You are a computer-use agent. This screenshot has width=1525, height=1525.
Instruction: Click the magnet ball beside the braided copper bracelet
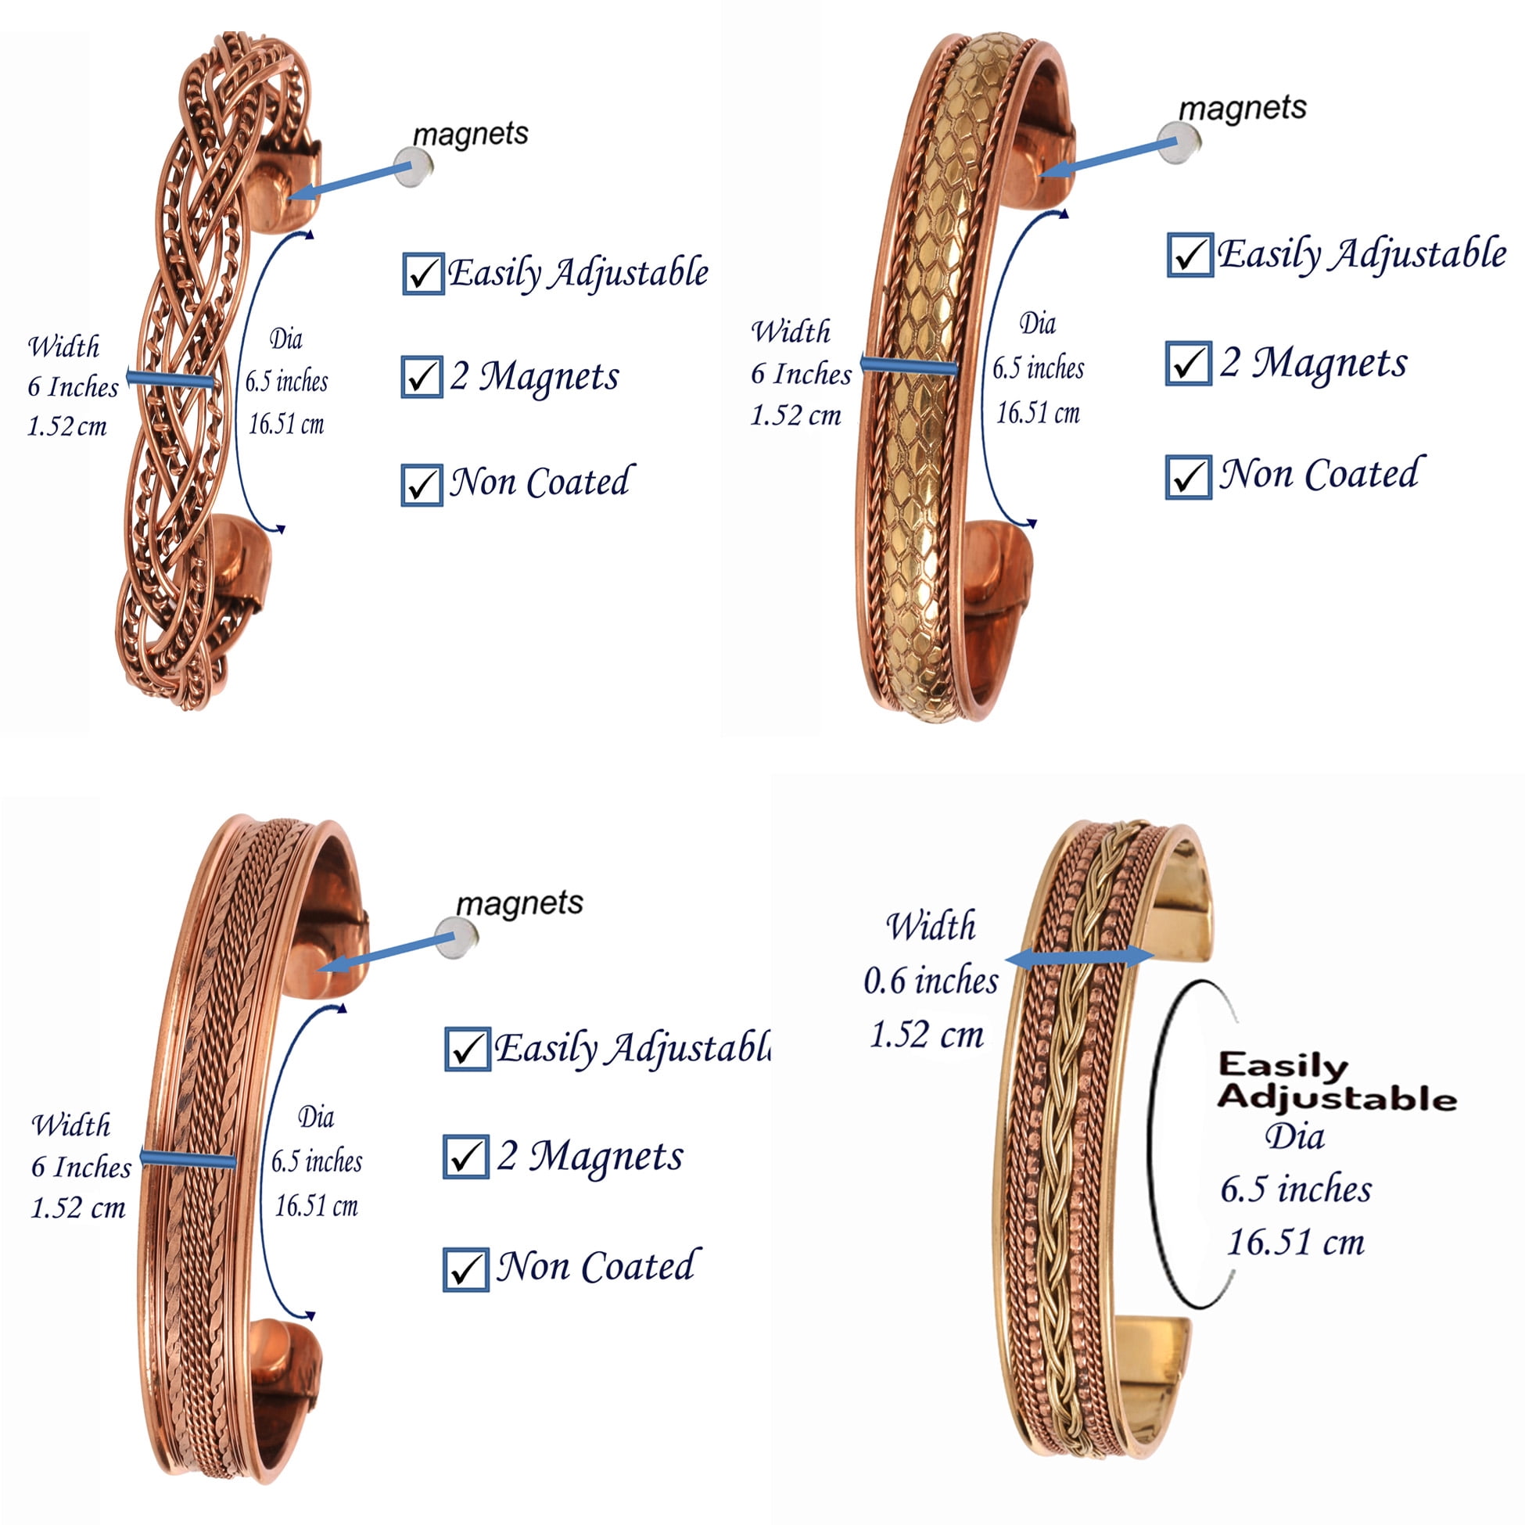point(413,167)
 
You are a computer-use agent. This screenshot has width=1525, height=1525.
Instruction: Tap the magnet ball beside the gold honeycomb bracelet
point(1179,143)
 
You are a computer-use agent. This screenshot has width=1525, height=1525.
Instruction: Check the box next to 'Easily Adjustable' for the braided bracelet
point(422,273)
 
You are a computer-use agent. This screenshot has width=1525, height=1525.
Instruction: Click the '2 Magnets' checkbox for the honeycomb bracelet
point(1189,363)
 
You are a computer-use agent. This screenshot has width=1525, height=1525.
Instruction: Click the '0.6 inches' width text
point(931,981)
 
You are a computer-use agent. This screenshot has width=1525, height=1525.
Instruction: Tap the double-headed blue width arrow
point(1079,957)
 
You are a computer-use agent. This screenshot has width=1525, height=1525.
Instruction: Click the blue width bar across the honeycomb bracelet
point(910,365)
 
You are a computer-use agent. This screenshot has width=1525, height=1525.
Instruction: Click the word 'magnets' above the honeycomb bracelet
point(1243,108)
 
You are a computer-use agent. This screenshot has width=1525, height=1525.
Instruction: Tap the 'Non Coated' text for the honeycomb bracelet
point(1322,473)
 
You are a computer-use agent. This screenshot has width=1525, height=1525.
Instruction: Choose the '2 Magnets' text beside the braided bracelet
point(534,375)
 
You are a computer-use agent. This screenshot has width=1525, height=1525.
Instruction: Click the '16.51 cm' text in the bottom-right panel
point(1295,1243)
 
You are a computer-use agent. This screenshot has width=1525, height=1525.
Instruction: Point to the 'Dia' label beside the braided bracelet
point(285,339)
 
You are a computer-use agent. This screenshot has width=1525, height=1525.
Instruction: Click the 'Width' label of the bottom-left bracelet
point(71,1125)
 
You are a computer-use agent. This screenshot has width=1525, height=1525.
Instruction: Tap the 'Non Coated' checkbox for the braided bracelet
point(422,484)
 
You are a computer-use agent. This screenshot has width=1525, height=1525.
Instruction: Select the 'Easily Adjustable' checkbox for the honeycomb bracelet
point(1189,254)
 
